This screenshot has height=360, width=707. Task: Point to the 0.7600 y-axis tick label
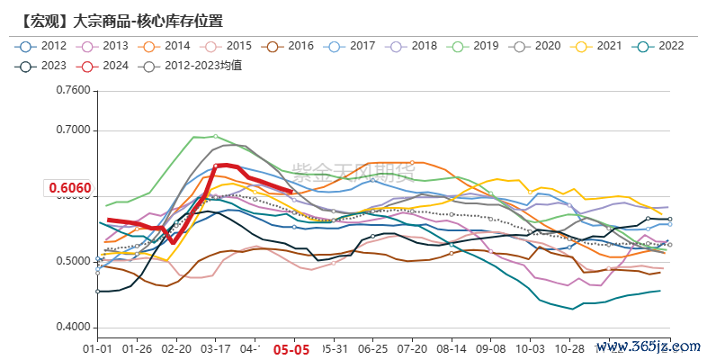pos(74,91)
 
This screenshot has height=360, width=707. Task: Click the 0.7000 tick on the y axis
pos(74,130)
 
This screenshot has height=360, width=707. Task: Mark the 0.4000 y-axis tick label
pos(74,328)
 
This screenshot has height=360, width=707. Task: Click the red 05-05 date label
pos(291,350)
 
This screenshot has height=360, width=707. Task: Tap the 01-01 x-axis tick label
pos(97,348)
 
